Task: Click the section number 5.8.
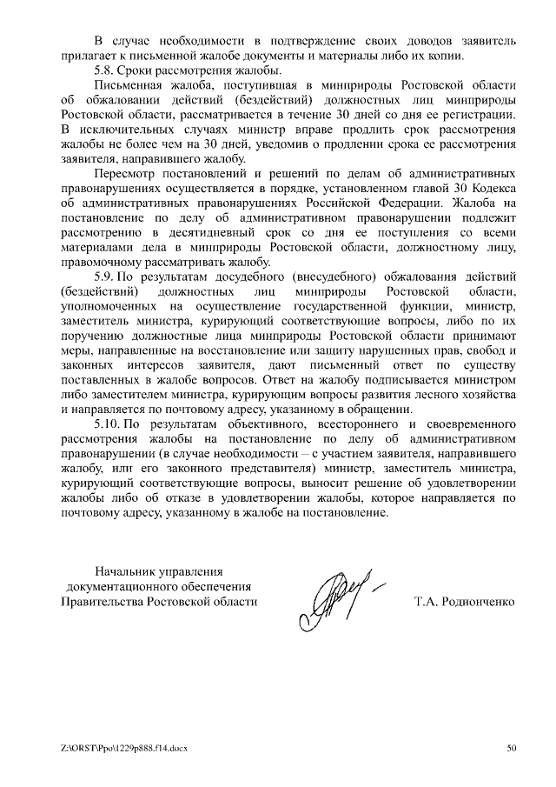105,70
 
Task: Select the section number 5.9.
105,277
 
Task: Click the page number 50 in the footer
512,748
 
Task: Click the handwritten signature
334,597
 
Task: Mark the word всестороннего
338,424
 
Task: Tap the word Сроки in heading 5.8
140,70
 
